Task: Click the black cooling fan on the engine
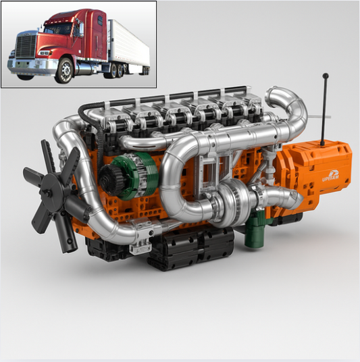(51, 192)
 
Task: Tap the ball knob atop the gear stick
(325, 76)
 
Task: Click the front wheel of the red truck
(64, 70)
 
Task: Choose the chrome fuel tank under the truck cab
(88, 67)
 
